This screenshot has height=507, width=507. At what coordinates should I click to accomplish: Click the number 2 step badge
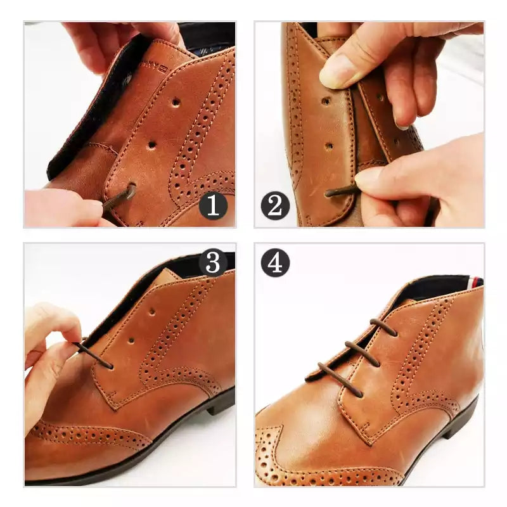coord(275,205)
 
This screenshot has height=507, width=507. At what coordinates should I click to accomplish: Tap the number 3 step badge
coord(213,262)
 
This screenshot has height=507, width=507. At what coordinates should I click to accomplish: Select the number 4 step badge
coord(275,262)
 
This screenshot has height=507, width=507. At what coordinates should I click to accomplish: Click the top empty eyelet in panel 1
coord(176,103)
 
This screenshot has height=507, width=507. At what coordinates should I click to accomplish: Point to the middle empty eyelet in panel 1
coord(151,146)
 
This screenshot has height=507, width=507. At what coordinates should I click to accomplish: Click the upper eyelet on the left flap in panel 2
coord(326,101)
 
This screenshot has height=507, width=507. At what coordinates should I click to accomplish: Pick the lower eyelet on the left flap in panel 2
coord(329,146)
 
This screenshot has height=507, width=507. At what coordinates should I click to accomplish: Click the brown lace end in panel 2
coord(341,191)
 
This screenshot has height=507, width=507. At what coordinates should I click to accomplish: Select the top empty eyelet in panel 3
coord(151,312)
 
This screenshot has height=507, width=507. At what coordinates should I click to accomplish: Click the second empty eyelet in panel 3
coord(131,341)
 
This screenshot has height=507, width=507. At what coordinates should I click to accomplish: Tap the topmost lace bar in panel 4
coord(383,327)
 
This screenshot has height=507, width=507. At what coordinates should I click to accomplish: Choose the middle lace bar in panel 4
coord(363,354)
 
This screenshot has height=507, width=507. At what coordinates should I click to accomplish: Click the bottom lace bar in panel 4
coord(341,379)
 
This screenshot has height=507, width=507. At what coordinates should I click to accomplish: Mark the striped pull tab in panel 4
coord(476,282)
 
